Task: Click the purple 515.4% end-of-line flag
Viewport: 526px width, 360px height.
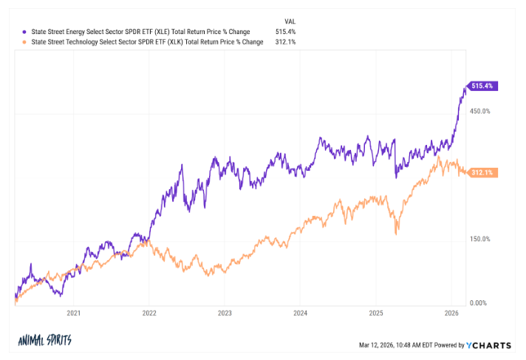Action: (x=482, y=86)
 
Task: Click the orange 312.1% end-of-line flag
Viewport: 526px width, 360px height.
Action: (x=482, y=172)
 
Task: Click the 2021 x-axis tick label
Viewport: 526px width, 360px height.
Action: (x=73, y=313)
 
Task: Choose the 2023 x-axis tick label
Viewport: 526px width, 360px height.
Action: (x=225, y=313)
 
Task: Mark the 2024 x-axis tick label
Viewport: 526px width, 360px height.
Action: (x=300, y=313)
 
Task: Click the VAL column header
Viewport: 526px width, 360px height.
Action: (x=290, y=21)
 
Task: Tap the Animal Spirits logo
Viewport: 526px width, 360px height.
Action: (x=45, y=341)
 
